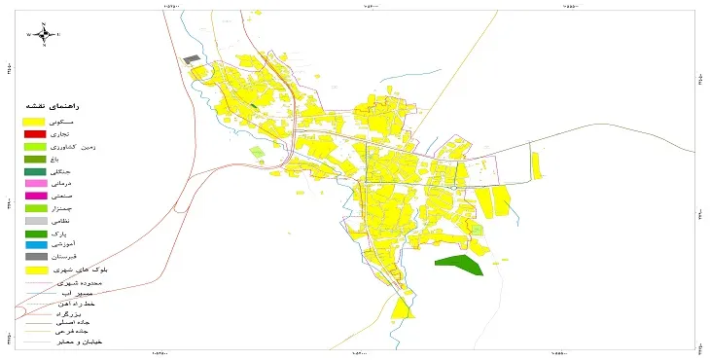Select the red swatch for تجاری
[35, 133]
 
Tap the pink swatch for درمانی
[35, 184]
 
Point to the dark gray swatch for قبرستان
[35, 257]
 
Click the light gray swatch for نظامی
[35, 221]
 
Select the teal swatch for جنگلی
[35, 171]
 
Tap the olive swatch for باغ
[35, 159]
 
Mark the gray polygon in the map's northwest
[192, 59]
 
